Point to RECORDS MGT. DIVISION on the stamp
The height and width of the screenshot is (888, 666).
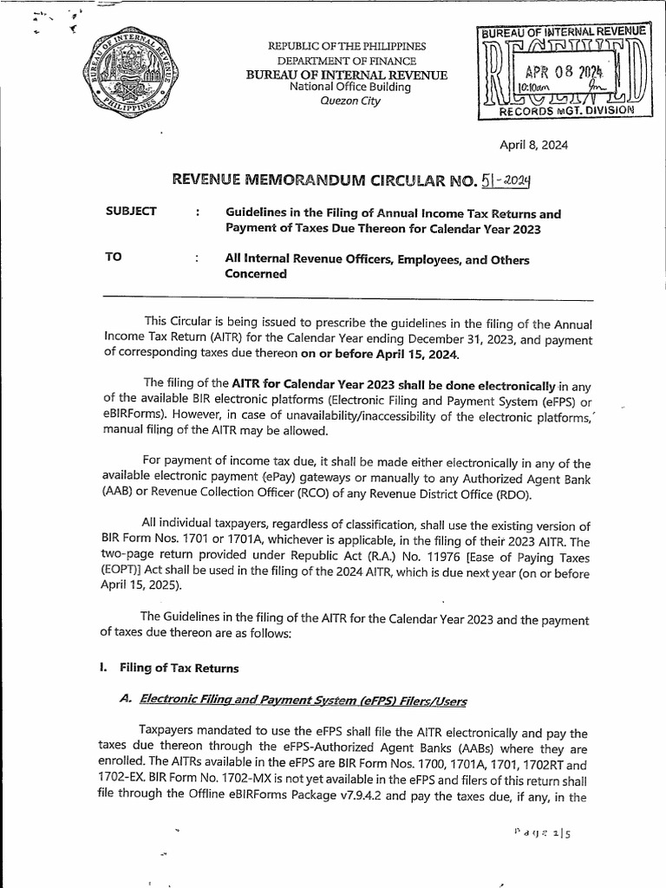coord(563,113)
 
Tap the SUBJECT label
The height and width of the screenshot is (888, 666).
coord(129,212)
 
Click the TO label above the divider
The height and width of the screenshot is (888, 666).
coord(111,258)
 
